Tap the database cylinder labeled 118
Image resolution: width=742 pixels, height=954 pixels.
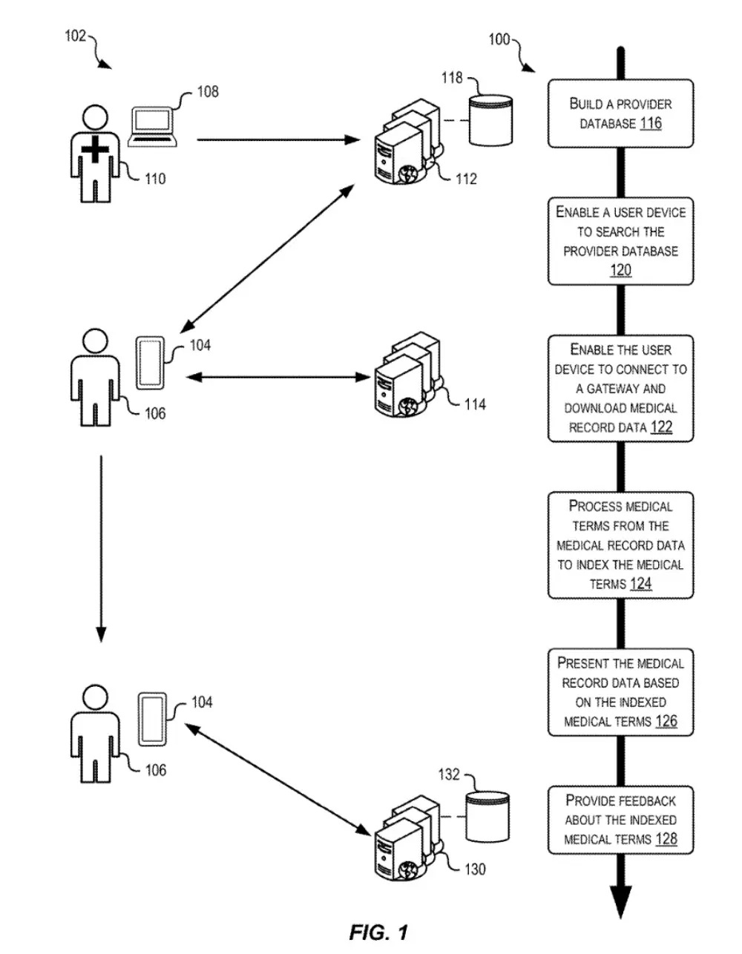pos(490,119)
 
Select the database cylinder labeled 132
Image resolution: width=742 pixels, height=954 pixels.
pos(487,816)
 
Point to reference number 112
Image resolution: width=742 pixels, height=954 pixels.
pos(465,179)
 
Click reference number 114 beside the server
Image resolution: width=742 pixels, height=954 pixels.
pos(475,404)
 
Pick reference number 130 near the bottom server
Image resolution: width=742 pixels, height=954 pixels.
pos(475,869)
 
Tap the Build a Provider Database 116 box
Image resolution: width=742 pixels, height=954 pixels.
pos(620,114)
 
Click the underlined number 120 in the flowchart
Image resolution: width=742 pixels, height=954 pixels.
pos(620,270)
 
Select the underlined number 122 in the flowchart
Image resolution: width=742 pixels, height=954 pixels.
pos(661,427)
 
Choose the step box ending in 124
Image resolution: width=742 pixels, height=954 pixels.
pos(620,545)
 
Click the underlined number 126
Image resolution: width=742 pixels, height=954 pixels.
pos(666,721)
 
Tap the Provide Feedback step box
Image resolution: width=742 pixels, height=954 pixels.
pos(620,820)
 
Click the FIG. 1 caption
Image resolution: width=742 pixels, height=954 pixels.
pos(378,932)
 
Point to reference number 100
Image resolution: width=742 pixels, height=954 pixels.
pos(499,39)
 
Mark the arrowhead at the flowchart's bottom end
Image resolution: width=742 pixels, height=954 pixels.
pos(620,901)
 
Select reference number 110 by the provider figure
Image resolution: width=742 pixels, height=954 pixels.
pos(155,179)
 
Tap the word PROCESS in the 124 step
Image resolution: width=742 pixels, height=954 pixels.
pos(595,507)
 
